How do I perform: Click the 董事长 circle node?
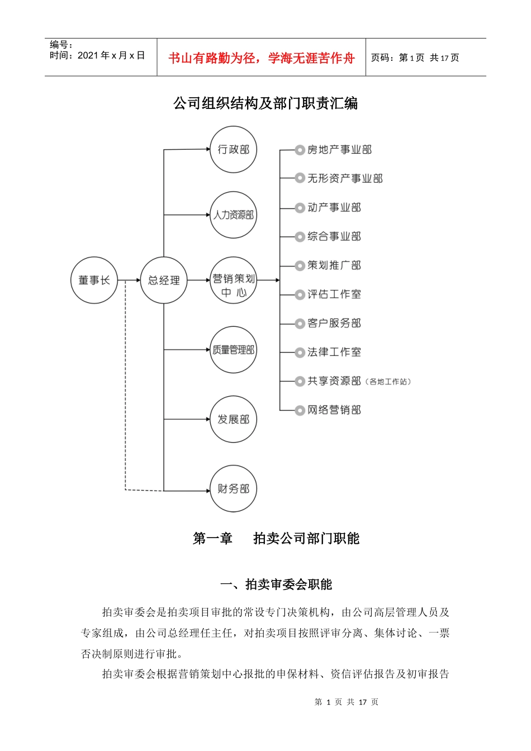[x=94, y=281]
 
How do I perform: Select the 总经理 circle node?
[x=164, y=281]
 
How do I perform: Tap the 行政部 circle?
[x=233, y=150]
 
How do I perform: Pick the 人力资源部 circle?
[x=233, y=215]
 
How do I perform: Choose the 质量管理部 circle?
[x=233, y=350]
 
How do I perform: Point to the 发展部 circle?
[x=233, y=419]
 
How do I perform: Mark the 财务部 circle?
[x=233, y=489]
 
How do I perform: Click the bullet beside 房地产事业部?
[x=300, y=150]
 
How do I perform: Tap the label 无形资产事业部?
[x=345, y=179]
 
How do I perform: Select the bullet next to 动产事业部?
[x=300, y=208]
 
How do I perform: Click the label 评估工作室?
[x=334, y=294]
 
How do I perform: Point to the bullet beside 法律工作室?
[x=300, y=353]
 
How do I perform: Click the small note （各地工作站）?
[x=388, y=382]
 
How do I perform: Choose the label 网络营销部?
[x=334, y=410]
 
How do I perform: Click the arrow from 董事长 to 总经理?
[x=129, y=281]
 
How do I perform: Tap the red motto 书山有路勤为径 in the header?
[x=213, y=58]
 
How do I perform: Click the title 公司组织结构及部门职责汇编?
[x=265, y=103]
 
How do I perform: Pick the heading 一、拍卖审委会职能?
[x=276, y=584]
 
